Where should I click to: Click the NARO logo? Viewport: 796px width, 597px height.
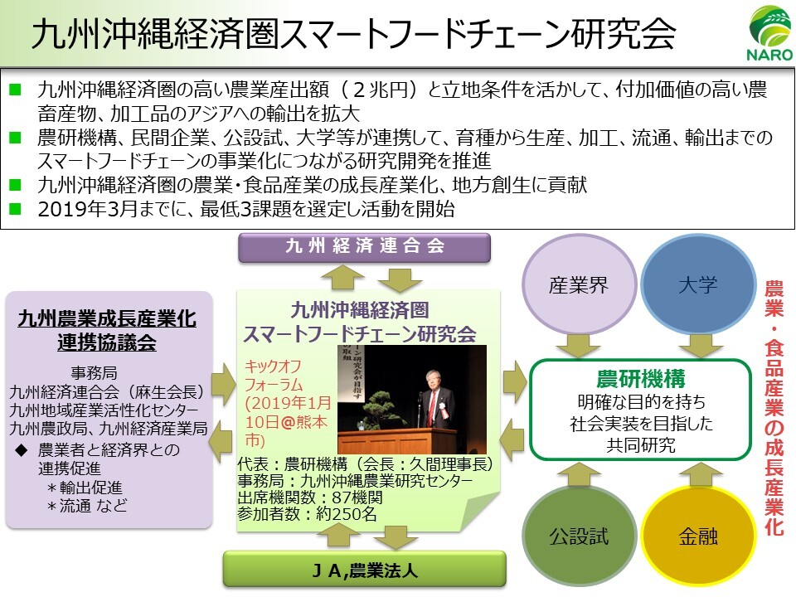(770, 33)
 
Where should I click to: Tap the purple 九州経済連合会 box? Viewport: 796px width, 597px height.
(365, 247)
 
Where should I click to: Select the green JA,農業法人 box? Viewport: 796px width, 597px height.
(365, 570)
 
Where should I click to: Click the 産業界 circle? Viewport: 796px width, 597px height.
(579, 285)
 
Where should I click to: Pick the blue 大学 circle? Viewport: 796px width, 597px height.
(698, 284)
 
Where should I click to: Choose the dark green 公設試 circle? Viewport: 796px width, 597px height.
(579, 536)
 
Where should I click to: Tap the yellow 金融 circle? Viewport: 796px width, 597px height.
(698, 536)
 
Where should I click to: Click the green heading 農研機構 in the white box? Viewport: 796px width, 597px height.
(641, 379)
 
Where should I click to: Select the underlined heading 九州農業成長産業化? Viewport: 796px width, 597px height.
(107, 318)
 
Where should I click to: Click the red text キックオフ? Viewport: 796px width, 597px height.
(273, 366)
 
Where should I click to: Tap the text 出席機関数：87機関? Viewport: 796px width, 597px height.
(310, 497)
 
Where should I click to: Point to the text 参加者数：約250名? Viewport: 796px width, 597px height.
(307, 514)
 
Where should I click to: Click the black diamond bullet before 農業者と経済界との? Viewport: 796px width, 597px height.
(22, 449)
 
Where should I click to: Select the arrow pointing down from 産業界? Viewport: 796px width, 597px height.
(578, 345)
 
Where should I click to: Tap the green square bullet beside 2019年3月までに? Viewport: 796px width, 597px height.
(15, 209)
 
